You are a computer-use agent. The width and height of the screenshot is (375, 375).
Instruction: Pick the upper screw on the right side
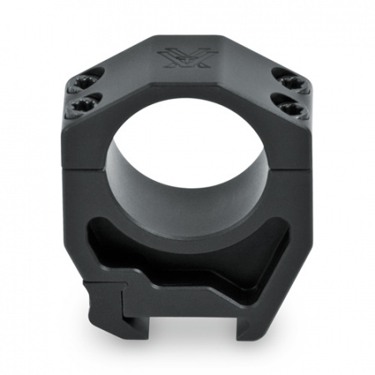click(x=293, y=82)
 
